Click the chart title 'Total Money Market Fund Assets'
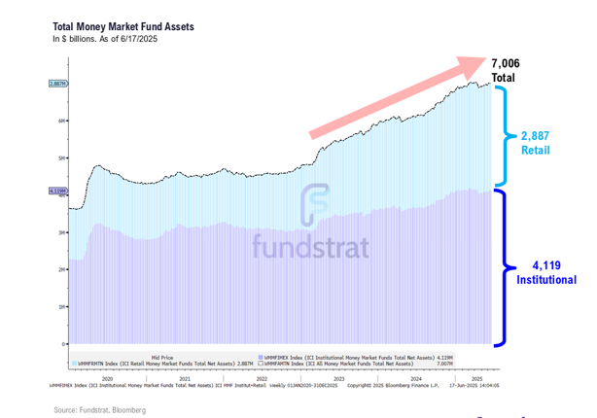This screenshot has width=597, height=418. (123, 26)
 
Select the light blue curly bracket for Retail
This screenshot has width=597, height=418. (506, 136)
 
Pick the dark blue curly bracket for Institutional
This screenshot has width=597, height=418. (506, 267)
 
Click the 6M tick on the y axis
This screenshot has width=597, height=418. (61, 121)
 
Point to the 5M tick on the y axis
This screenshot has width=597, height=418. (61, 157)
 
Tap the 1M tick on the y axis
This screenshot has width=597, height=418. (61, 307)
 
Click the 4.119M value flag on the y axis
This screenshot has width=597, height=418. (56, 192)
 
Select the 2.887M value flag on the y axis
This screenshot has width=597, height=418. (56, 84)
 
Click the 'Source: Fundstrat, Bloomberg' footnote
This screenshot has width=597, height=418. (100, 410)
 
